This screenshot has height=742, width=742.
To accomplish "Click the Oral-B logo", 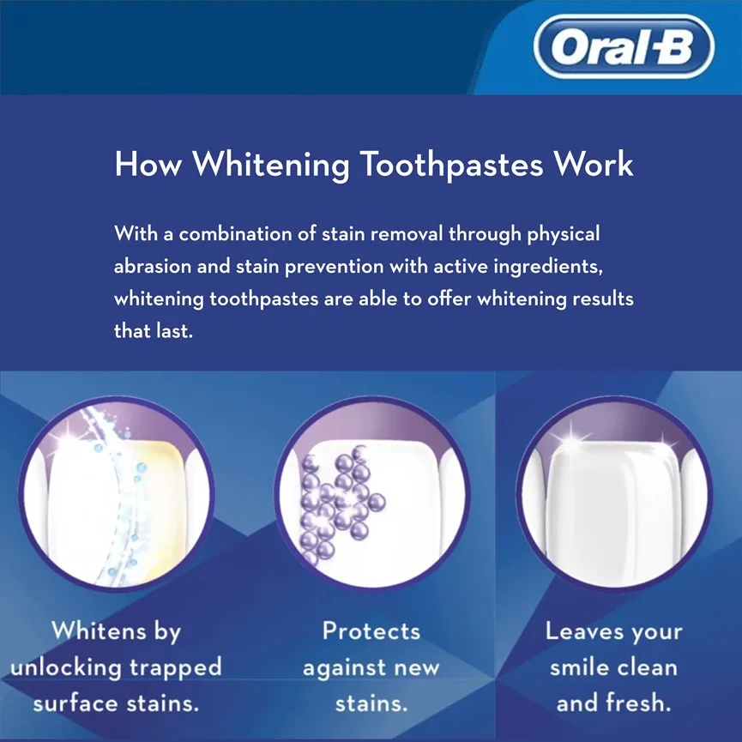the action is [624, 46].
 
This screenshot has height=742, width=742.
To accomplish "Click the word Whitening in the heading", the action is [271, 166].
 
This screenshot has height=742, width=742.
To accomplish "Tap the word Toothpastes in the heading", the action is [451, 166].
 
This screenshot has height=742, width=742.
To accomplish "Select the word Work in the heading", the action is [594, 164].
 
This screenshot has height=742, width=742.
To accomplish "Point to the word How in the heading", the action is [148, 164].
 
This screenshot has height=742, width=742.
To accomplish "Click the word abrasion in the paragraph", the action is [153, 267].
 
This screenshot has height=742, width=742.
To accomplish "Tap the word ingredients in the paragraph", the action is [548, 268].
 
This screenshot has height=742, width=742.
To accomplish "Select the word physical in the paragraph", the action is [564, 235].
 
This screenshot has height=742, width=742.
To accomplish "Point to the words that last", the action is [154, 331].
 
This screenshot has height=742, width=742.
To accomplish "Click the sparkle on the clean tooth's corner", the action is [571, 439].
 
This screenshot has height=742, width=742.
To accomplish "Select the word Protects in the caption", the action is [371, 630].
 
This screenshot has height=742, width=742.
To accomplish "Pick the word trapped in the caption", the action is [176, 668].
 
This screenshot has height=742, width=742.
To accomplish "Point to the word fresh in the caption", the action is [639, 703].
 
